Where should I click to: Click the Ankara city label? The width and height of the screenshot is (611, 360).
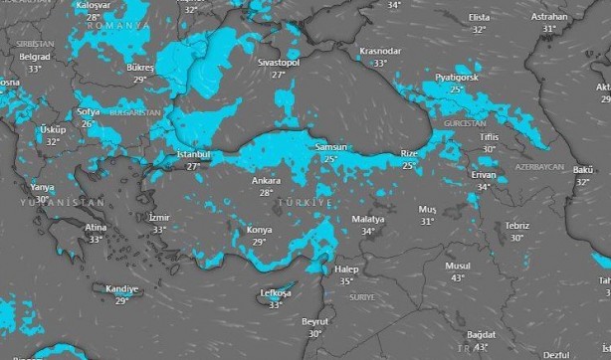(266, 181)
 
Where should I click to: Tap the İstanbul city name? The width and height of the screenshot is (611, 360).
(193, 155)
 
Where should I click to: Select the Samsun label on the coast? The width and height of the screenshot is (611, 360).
(330, 147)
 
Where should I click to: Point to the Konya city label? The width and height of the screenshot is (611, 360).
(259, 231)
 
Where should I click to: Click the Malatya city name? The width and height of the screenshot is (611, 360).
(367, 219)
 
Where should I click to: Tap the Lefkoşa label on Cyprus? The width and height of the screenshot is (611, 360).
(275, 293)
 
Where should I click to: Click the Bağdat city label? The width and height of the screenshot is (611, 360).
(481, 336)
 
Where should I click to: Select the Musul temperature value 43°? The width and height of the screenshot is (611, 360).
(458, 278)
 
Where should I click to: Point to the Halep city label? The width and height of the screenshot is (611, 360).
(346, 270)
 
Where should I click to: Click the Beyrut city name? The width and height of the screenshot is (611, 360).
(314, 321)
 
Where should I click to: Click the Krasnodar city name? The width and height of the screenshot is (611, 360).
(379, 51)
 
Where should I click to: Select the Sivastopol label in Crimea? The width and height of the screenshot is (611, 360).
(279, 62)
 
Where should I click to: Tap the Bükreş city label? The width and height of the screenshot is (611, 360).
(140, 68)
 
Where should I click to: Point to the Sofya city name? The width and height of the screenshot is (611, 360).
(88, 112)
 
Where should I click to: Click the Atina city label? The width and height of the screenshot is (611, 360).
(96, 228)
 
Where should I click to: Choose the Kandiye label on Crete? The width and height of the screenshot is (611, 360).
(121, 289)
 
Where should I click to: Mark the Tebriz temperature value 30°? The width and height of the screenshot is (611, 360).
(517, 238)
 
